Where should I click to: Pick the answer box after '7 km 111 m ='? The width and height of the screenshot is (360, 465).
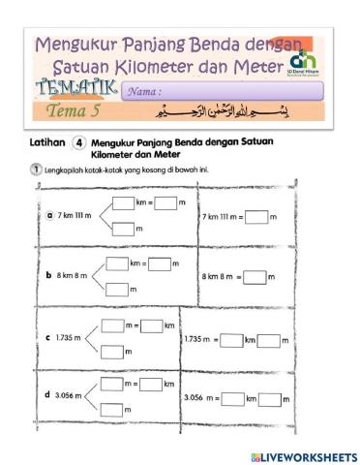(255, 216)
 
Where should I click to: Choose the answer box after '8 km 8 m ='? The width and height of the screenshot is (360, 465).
(254, 276)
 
